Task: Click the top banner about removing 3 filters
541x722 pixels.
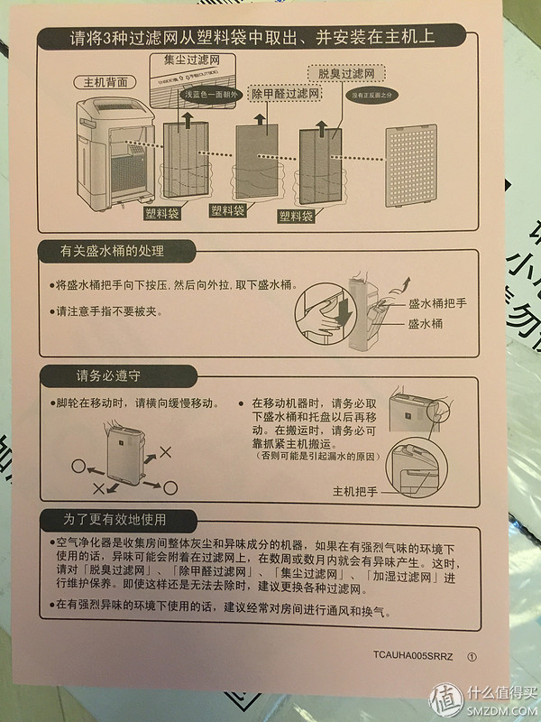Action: [252, 39]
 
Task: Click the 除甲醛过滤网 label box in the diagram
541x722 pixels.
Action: [286, 94]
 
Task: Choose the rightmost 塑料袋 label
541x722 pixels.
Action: [296, 217]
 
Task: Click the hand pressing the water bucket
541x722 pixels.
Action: [320, 316]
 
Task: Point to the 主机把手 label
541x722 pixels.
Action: [355, 491]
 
